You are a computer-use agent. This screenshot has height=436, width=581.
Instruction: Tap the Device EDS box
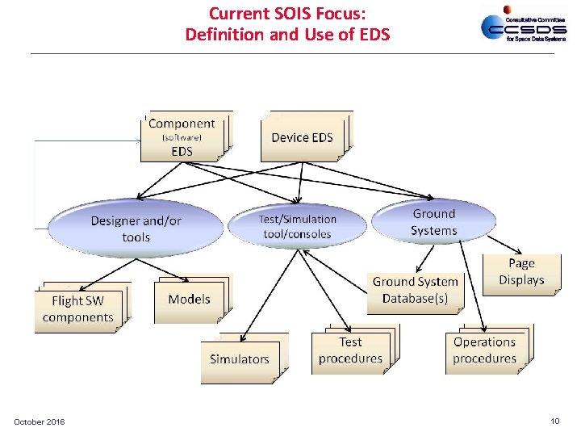303,137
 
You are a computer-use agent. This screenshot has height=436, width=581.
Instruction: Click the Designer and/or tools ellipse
136,228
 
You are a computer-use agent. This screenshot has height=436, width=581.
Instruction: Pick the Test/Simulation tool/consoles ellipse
297,226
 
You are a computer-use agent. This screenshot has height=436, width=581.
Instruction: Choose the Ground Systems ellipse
434,222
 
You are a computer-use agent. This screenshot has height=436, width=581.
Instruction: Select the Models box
189,300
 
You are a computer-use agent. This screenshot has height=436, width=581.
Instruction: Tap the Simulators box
240,359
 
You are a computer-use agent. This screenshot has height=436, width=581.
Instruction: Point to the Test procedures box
350,350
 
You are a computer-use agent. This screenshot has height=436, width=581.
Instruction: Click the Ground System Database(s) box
415,290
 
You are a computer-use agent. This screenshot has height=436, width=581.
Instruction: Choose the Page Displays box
521,272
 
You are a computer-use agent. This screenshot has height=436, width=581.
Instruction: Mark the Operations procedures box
484,350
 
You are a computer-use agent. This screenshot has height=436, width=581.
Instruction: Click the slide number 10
554,421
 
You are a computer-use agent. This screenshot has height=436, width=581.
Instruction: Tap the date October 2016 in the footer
40,422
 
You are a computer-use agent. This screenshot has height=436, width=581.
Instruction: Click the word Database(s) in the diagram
415,299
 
